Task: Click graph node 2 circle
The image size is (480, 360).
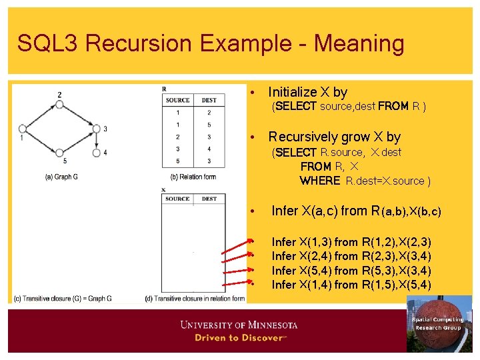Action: (59, 105)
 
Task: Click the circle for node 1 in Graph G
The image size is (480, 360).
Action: (22, 129)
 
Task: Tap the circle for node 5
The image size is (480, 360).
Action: (59, 153)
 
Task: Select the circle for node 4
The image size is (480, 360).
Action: (97, 153)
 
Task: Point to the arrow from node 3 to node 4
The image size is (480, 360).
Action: (97, 141)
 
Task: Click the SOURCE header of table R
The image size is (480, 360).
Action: (177, 100)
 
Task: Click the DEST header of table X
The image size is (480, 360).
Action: (209, 199)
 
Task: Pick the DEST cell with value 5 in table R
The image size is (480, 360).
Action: (209, 125)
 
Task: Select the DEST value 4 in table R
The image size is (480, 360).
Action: (209, 149)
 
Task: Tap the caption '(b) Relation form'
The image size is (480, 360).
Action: (193, 177)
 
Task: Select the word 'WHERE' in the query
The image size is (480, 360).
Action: (320, 181)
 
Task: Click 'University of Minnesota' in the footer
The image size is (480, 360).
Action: (239, 325)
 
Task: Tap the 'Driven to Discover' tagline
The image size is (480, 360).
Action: (239, 338)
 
